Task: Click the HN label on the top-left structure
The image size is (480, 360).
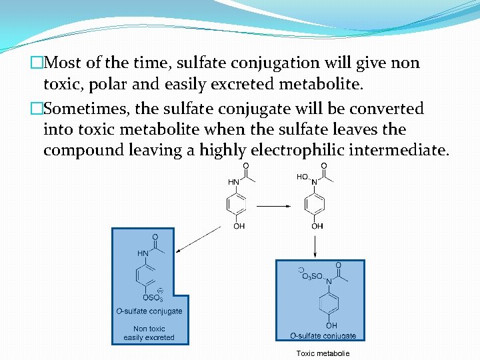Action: pyautogui.click(x=235, y=181)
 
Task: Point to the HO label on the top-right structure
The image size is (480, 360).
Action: pyautogui.click(x=302, y=177)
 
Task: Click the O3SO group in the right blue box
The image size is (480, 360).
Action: pyautogui.click(x=311, y=275)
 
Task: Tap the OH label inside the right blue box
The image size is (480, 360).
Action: pyautogui.click(x=331, y=325)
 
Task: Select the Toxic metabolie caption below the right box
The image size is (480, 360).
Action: pyautogui.click(x=323, y=353)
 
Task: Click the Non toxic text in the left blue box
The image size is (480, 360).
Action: pyautogui.click(x=149, y=329)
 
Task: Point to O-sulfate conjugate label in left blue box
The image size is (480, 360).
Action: pyautogui.click(x=149, y=311)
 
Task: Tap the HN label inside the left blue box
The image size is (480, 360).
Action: pyautogui.click(x=143, y=253)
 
